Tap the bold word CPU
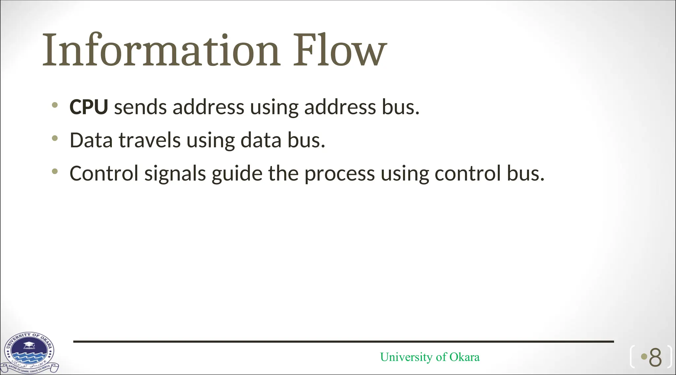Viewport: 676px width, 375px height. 88,107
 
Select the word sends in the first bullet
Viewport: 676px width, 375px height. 140,108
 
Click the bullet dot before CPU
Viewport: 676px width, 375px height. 55,105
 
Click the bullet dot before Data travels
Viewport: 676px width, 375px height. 55,138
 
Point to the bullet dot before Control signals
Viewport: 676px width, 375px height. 55,171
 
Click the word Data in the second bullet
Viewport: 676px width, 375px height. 91,140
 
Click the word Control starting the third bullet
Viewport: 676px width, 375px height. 104,173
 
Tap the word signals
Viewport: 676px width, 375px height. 175,174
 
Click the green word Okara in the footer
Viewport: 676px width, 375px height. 464,357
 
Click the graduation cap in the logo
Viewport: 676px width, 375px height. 29,345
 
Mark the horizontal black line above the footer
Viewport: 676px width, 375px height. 343,342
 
